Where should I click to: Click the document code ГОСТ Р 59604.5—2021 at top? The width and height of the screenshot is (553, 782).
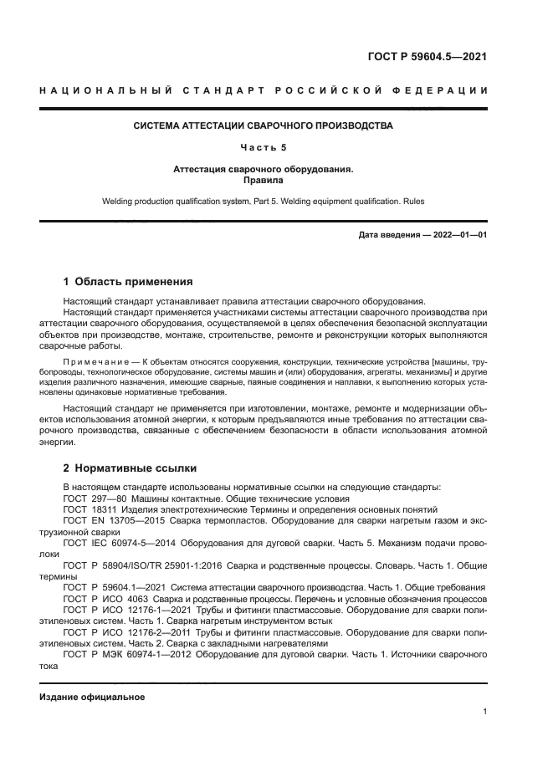[x=427, y=58]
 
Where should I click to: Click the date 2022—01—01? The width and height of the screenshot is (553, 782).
[x=459, y=235]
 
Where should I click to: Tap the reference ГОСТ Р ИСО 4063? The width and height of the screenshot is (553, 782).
[x=106, y=599]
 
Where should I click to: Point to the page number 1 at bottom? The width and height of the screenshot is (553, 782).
[x=485, y=712]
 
